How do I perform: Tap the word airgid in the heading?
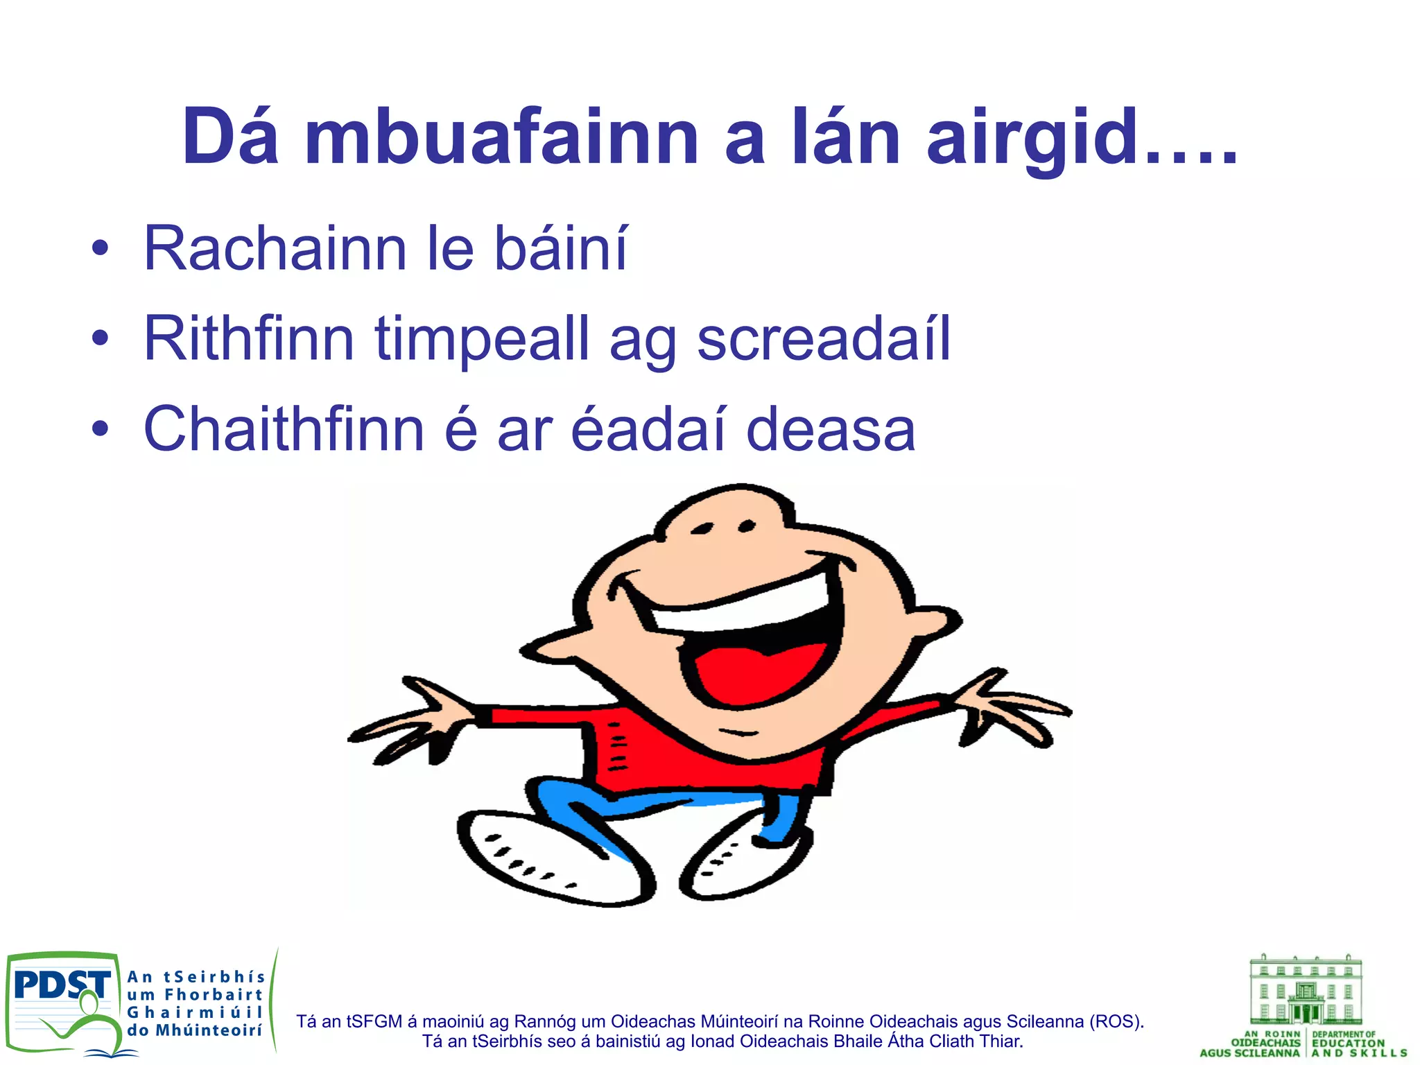(1033, 139)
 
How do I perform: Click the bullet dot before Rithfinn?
(101, 338)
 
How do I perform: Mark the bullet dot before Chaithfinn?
(101, 428)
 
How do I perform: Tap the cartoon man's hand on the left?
(409, 721)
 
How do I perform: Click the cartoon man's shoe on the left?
(548, 860)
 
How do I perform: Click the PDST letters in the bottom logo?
(61, 985)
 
